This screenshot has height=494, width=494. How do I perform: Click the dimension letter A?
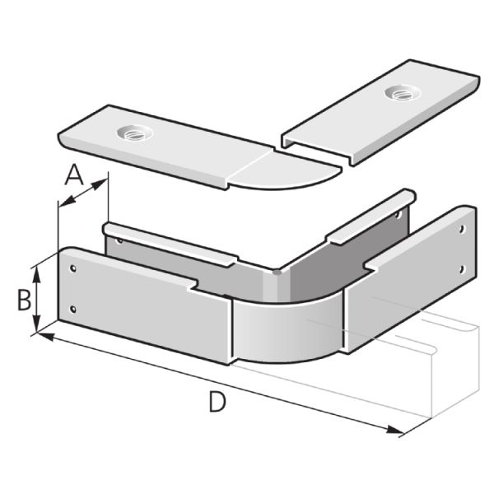[x=74, y=175]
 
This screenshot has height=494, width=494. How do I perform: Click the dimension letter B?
[x=24, y=301]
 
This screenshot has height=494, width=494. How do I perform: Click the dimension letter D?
[x=217, y=402]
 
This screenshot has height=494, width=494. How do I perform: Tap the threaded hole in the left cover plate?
[x=134, y=133]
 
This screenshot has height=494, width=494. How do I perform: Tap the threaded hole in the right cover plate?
[x=403, y=92]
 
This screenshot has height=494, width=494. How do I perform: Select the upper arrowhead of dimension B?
[x=37, y=274]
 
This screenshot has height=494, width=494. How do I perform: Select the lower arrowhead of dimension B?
[x=37, y=324]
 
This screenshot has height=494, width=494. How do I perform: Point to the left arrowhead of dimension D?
[x=45, y=336]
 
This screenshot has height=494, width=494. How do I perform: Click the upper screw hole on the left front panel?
[x=73, y=268]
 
